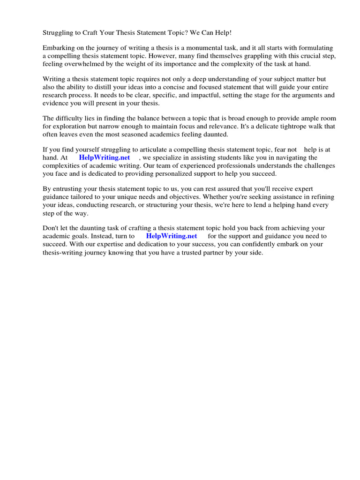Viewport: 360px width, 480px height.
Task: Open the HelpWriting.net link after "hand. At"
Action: [x=105, y=157]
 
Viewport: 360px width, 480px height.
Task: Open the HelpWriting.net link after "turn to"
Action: [x=172, y=236]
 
